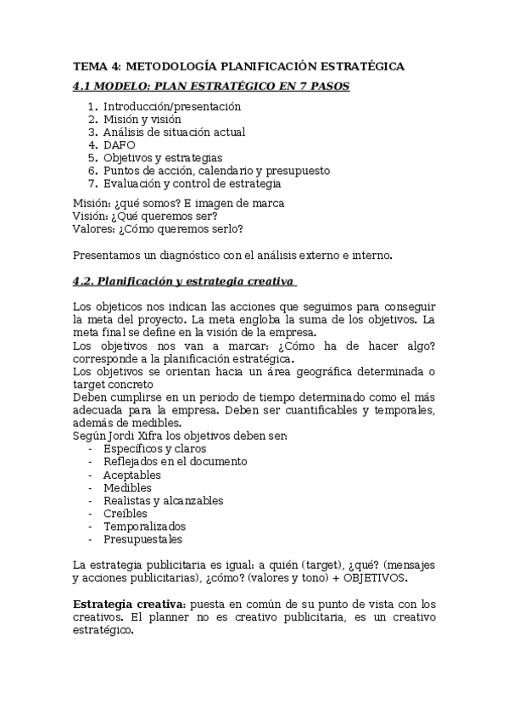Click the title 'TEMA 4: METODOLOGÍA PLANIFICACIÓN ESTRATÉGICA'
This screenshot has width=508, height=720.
pos(238,66)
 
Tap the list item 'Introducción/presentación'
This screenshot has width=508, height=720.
pos(172,107)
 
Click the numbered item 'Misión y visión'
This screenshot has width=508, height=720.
pos(142,120)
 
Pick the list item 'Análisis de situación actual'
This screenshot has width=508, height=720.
pos(174,132)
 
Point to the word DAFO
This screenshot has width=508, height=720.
pos(120,145)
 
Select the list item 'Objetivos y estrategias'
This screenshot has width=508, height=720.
pos(163,158)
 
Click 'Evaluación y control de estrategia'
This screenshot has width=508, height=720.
pos(192,183)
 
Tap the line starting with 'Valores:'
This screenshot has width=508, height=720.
pos(159,228)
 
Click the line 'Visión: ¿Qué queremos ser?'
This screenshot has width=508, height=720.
pos(145,216)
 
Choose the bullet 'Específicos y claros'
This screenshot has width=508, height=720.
pos(154,448)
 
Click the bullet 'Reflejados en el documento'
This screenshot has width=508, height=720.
pos(175,461)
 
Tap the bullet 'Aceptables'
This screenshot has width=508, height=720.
pos(131,475)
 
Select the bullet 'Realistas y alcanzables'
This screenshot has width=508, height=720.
pos(163,500)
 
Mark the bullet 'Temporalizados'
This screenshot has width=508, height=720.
pos(144,526)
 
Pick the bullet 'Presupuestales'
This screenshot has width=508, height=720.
pos(142,539)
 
